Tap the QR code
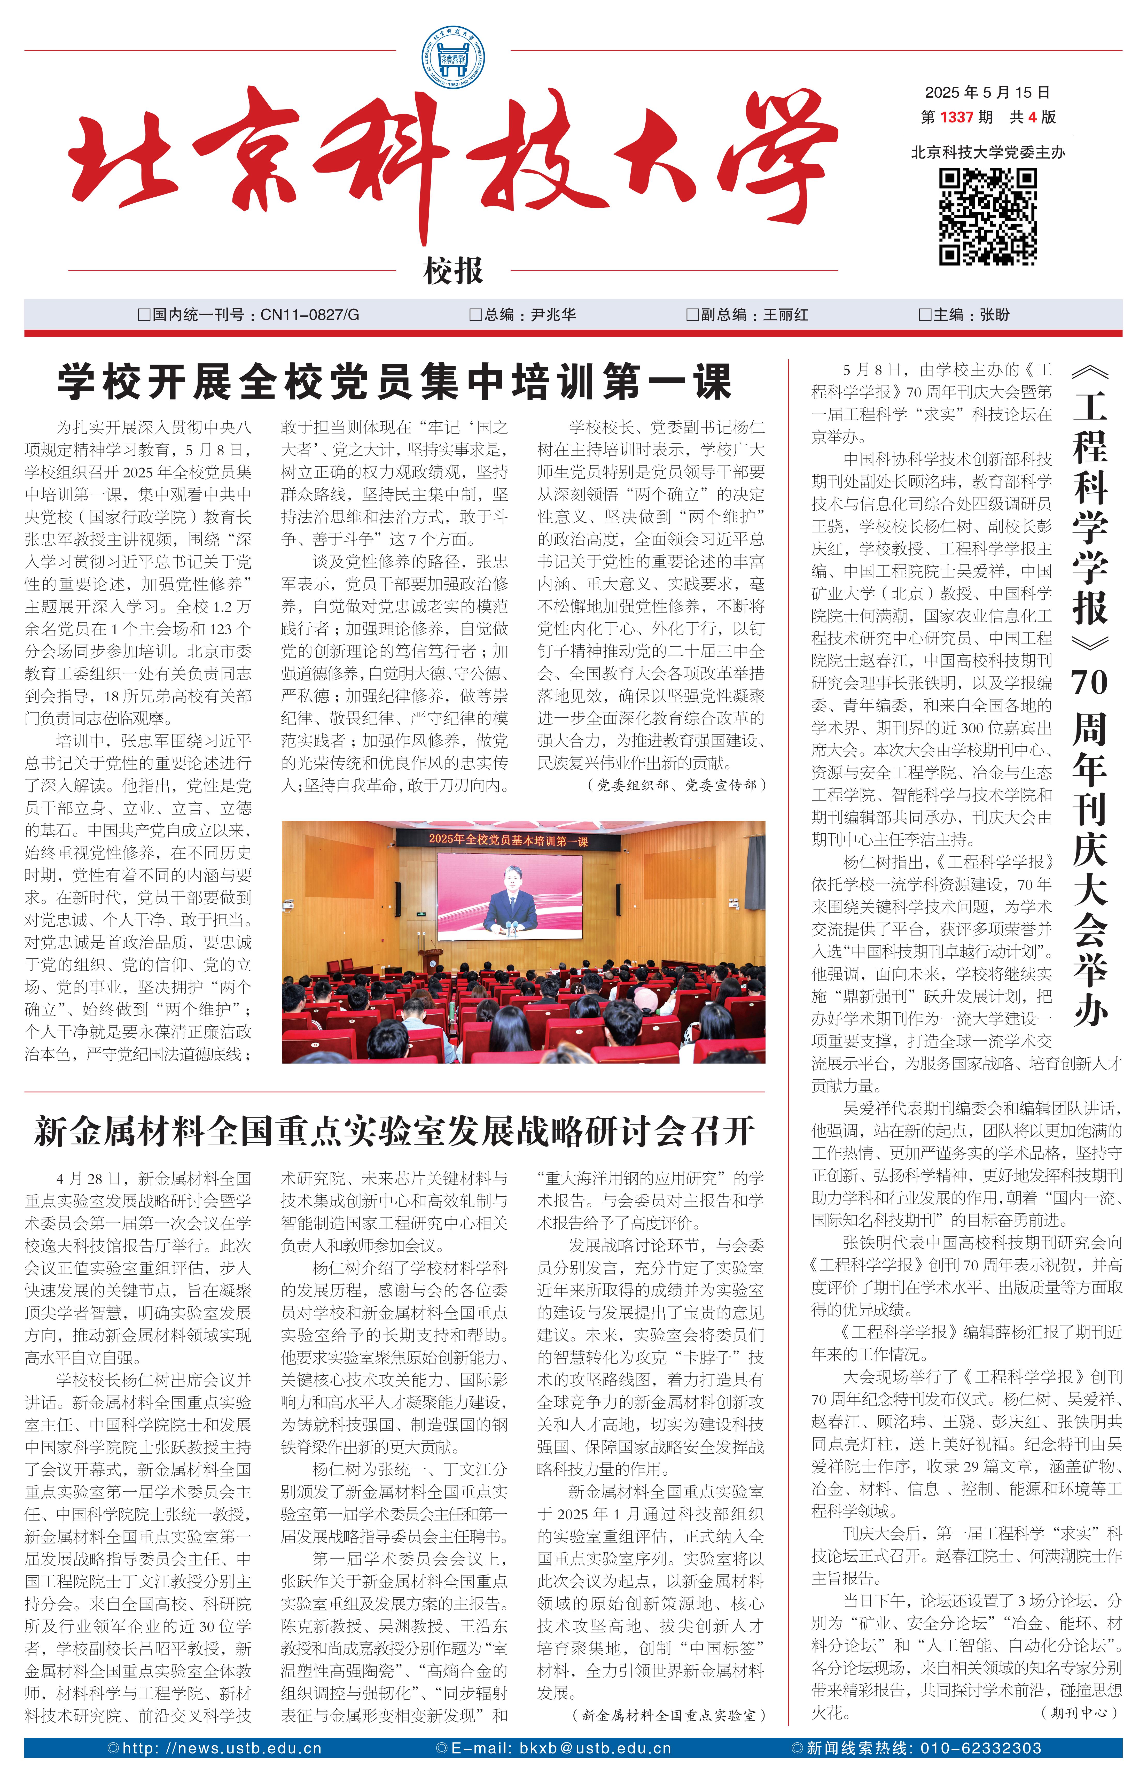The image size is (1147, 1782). click(988, 217)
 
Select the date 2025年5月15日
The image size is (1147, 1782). click(987, 92)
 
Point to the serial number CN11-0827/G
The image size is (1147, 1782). click(309, 314)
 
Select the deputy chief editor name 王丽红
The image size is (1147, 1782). click(786, 314)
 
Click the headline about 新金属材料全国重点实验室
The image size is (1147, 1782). click(395, 1131)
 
